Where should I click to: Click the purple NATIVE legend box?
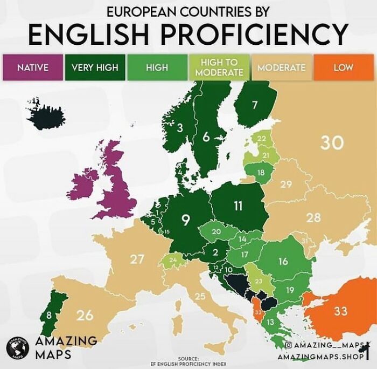(x=32, y=67)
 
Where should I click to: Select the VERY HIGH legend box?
(x=95, y=67)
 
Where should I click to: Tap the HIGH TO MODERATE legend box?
(x=219, y=67)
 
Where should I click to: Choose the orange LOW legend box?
(x=343, y=67)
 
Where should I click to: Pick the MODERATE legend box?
(x=281, y=67)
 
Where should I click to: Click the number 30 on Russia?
(x=332, y=143)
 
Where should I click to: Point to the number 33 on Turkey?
(x=340, y=311)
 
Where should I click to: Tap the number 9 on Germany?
(x=186, y=220)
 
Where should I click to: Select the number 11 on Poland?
(x=238, y=206)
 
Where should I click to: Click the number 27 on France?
(x=137, y=259)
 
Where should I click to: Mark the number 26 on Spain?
(x=85, y=315)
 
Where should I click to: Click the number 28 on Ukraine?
(x=313, y=218)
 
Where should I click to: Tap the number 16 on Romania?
(x=283, y=262)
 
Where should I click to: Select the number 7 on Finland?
(x=255, y=104)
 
